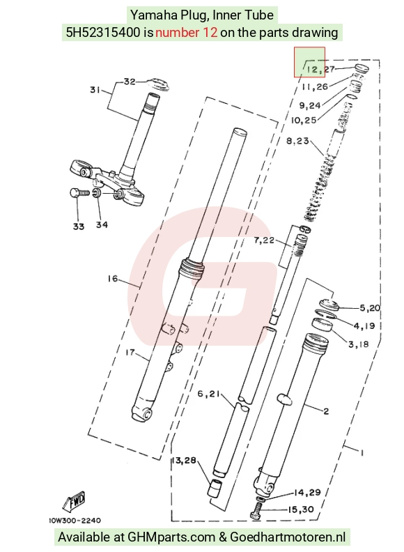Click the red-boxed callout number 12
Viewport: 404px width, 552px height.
point(312,68)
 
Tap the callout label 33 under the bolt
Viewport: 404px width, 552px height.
point(79,227)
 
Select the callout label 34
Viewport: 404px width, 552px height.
point(102,224)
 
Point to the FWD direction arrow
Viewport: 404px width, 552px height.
point(75,501)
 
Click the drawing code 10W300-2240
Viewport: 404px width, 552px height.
point(75,521)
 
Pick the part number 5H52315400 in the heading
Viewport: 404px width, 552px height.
point(103,32)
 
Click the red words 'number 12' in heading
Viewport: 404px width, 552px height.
point(186,32)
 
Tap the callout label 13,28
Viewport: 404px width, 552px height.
point(184,460)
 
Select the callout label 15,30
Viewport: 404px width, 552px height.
point(300,509)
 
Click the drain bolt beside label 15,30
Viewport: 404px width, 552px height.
point(257,510)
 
